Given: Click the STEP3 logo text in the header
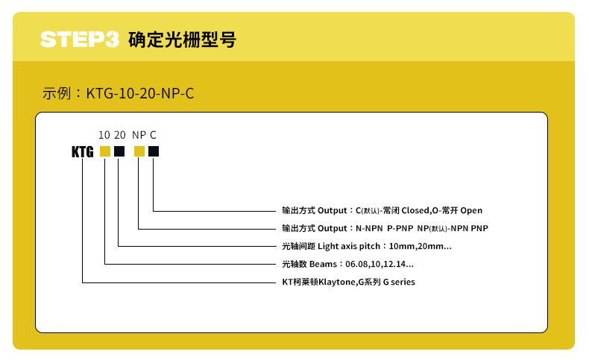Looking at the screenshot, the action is [80, 39].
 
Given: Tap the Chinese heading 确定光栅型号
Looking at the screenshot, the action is [182, 39].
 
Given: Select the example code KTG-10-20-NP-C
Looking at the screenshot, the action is [140, 94].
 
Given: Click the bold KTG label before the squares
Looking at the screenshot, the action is [82, 152].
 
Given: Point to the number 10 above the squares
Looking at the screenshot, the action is [104, 135].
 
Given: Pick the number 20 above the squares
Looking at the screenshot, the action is [119, 135].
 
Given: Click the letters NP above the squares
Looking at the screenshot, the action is [139, 135].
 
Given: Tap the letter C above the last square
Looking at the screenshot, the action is [153, 135].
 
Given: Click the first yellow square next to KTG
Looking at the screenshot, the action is [104, 151].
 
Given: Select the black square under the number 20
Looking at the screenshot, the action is [119, 151].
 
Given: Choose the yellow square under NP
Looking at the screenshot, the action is [139, 151].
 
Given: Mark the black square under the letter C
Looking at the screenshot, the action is [153, 151].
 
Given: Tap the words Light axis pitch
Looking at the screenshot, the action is [349, 246].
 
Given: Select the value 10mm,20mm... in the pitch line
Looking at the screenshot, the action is [421, 246].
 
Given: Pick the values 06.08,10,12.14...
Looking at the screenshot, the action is [379, 264].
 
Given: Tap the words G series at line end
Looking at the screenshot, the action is [399, 282].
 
